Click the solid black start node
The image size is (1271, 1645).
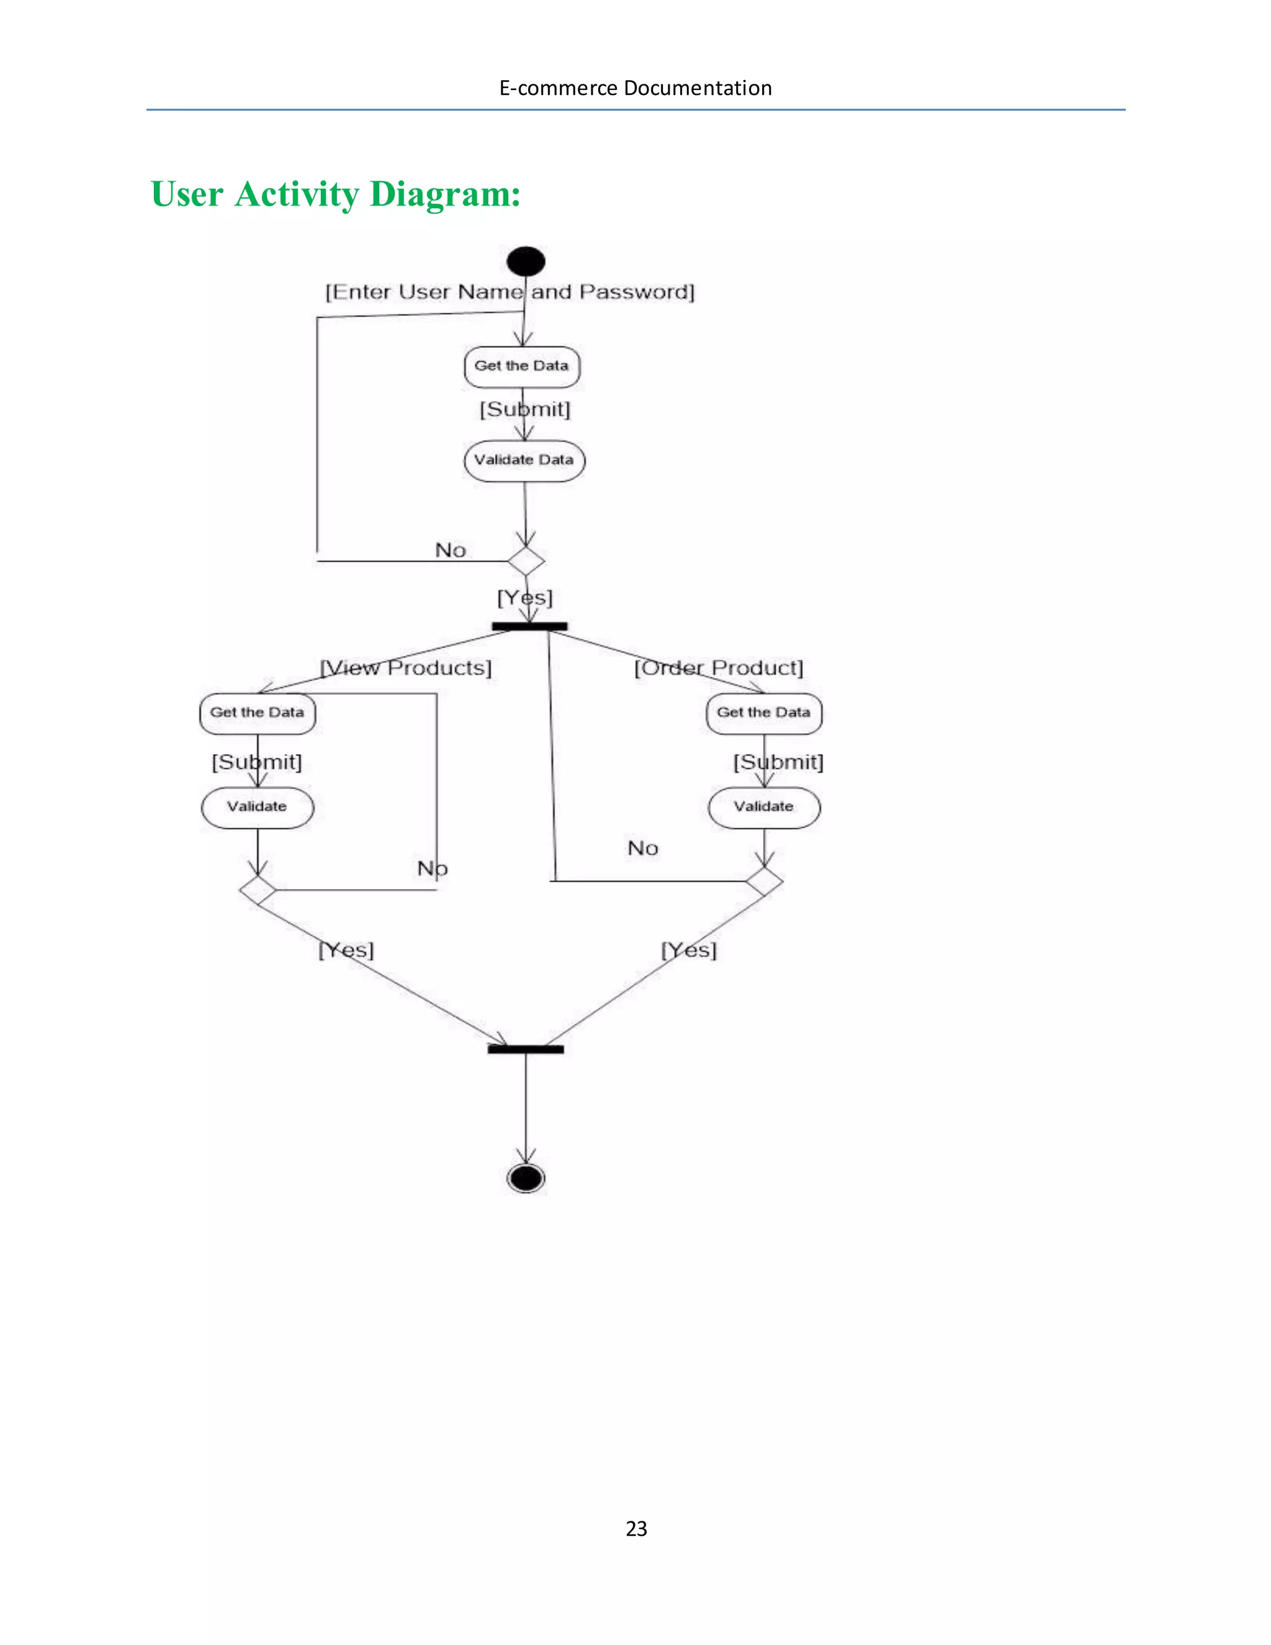[x=526, y=261]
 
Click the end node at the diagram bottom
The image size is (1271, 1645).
[x=526, y=1178]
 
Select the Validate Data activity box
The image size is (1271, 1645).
[x=524, y=460]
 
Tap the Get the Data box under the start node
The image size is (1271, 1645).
[x=522, y=367]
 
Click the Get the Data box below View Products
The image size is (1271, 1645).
[x=258, y=713]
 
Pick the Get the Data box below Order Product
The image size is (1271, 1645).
[x=763, y=713]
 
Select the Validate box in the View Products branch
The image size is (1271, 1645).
[x=258, y=808]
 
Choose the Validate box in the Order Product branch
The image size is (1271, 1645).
[x=764, y=808]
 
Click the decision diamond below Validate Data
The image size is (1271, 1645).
[x=526, y=561]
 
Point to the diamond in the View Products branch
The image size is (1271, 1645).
[x=258, y=890]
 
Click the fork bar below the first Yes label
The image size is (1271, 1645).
[x=529, y=626]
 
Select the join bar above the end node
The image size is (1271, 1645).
[x=526, y=1049]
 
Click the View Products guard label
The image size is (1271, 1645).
[x=406, y=668]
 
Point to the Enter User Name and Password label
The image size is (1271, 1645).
[x=510, y=292]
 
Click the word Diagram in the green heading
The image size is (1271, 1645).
[x=444, y=194]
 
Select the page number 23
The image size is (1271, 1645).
[x=636, y=1528]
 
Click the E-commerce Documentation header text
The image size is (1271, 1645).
[x=635, y=88]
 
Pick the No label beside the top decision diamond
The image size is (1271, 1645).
[x=451, y=551]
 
